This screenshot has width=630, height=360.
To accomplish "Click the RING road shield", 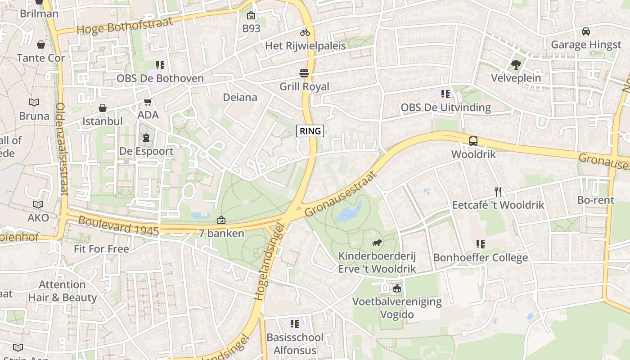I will point(310,131).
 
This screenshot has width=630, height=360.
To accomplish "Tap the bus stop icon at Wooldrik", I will point(473,141).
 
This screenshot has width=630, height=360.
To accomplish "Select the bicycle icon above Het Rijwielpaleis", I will point(305,32).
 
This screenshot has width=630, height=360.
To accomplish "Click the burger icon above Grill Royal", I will point(305,73).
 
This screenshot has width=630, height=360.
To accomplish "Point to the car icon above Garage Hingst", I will point(585,31).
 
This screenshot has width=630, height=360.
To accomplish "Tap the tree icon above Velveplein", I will point(516,65).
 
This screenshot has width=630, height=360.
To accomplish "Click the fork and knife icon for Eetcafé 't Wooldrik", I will point(498,192).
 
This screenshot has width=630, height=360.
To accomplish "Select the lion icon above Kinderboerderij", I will point(377,243).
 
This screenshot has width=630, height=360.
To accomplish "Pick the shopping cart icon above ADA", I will point(148,102).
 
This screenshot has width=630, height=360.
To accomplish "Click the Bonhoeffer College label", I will point(480,258).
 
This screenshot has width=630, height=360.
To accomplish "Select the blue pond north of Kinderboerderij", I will point(350,211).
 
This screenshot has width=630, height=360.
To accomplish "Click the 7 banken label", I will point(221,233).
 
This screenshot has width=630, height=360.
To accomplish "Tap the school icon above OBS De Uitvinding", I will point(445,94).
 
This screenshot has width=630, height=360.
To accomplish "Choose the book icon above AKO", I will point(38,205).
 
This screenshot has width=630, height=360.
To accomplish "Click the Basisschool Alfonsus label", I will point(295,343).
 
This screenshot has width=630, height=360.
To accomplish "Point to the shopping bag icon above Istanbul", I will point(103,108).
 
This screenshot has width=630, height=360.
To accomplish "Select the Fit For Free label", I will point(101,249).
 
